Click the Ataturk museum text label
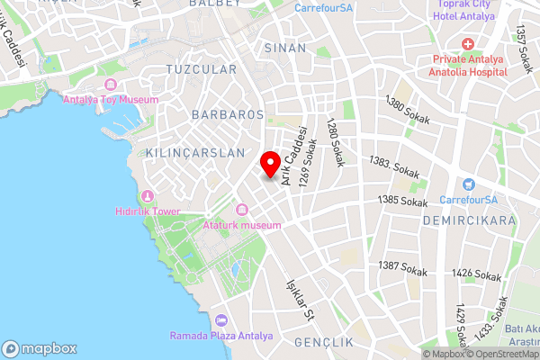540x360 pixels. coord(243,225)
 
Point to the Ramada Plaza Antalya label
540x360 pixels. coord(221,336)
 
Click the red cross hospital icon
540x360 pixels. coord(467,44)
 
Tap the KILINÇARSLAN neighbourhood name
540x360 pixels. coord(194,153)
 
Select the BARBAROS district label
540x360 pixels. coord(227,115)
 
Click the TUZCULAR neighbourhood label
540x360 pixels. coord(202,69)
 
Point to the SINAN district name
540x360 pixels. coord(285,48)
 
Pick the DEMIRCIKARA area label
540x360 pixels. coord(472,220)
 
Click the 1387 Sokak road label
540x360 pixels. coord(402,267)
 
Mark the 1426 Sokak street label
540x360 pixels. coord(476,274)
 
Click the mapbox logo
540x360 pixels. coord(40,348)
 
